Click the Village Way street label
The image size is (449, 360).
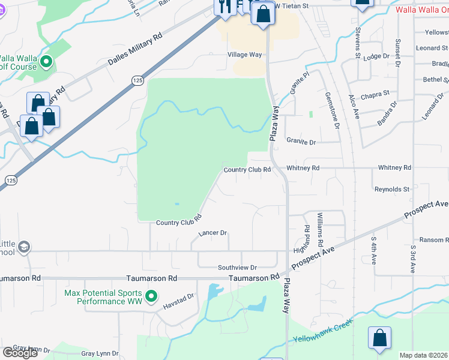coord(244,55)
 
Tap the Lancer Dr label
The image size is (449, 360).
coord(212,233)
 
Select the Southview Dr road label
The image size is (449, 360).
coord(237,268)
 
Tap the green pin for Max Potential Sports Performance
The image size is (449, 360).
coord(152,296)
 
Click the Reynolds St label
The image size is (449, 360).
coord(391,189)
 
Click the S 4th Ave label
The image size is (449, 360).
coord(373,251)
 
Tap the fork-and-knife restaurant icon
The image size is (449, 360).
coord(225,7)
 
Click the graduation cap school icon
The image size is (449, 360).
coord(24,247)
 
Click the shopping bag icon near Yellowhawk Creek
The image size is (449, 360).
coord(380,338)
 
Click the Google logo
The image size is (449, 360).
coord(19,352)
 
